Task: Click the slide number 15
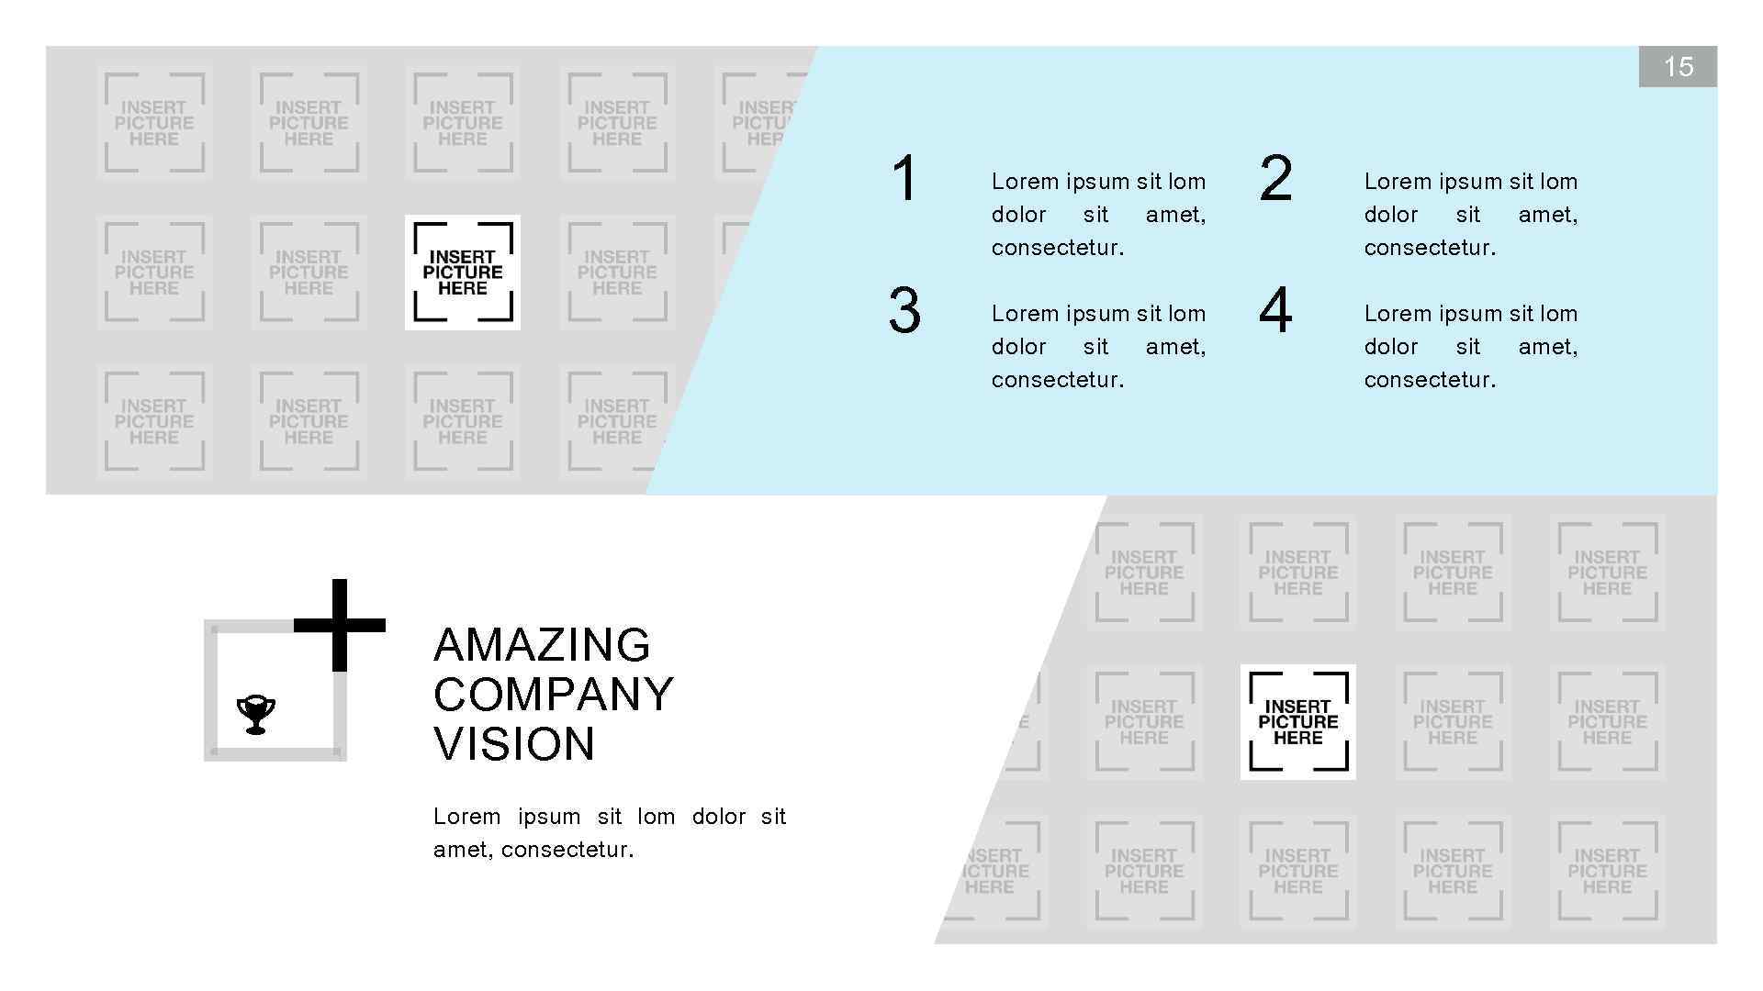pyautogui.click(x=1678, y=67)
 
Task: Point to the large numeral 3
pyautogui.click(x=904, y=310)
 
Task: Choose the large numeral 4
pyautogui.click(x=1275, y=310)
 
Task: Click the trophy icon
pyautogui.click(x=256, y=715)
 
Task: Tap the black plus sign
pyautogui.click(x=339, y=625)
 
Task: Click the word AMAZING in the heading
pyautogui.click(x=542, y=645)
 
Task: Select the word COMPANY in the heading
pyautogui.click(x=554, y=695)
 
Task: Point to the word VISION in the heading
pyautogui.click(x=514, y=744)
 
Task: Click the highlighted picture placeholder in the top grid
pyautogui.click(x=463, y=273)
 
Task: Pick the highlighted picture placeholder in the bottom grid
pyautogui.click(x=1297, y=722)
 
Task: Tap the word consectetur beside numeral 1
pyautogui.click(x=1057, y=248)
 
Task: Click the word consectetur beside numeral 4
pyautogui.click(x=1430, y=380)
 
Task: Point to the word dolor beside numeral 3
pyautogui.click(x=1018, y=347)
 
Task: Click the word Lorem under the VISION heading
pyautogui.click(x=466, y=817)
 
